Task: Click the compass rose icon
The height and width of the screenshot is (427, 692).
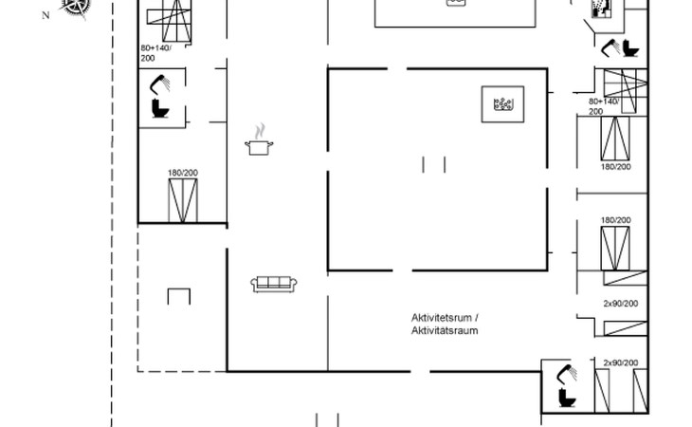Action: (x=76, y=8)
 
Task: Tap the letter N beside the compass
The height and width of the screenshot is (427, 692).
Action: (x=46, y=16)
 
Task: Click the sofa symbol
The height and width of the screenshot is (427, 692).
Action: (x=275, y=283)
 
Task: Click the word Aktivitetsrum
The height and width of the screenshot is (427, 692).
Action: (x=441, y=317)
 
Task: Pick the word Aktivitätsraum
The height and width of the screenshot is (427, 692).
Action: (x=444, y=331)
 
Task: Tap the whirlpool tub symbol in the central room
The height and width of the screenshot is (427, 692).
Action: (x=503, y=102)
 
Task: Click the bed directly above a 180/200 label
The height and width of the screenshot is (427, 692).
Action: (x=615, y=139)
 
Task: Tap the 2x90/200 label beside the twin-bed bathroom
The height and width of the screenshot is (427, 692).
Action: (x=621, y=363)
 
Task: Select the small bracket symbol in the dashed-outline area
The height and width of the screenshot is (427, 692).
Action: (x=179, y=296)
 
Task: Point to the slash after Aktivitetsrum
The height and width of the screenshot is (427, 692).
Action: (x=477, y=317)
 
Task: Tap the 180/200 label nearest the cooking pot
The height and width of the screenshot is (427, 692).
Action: (x=183, y=173)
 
